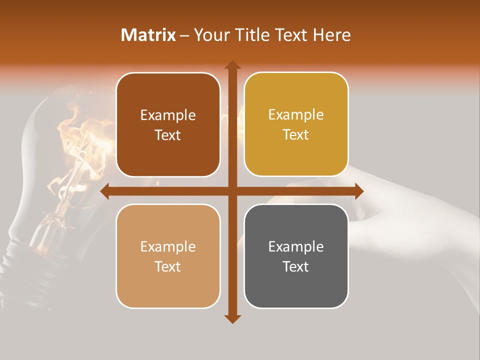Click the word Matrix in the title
148,35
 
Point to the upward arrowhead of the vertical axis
232,65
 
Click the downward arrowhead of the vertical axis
232,318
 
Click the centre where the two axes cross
232,191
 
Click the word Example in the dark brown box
168,115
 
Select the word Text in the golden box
296,135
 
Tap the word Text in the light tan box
168,266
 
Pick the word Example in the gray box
296,246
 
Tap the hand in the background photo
400,210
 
